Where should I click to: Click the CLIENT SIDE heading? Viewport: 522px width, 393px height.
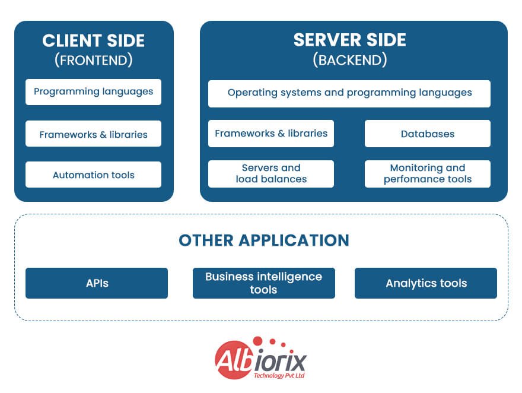(94, 41)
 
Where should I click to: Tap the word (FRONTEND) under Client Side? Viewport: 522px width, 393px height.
(94, 60)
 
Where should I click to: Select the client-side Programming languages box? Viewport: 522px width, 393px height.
(93, 92)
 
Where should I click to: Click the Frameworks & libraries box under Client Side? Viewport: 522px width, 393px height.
(93, 134)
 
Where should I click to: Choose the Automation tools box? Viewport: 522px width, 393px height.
(93, 175)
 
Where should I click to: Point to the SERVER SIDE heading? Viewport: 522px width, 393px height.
(350, 40)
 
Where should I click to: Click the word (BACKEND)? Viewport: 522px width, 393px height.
(350, 59)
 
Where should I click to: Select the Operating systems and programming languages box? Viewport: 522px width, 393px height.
(349, 93)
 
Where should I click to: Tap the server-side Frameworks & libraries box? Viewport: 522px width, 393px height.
(271, 134)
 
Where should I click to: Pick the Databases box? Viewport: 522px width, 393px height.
(427, 134)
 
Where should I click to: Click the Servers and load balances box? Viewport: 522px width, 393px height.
(271, 173)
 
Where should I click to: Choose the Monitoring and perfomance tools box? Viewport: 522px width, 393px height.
(427, 173)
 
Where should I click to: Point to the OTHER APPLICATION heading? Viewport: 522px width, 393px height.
(264, 240)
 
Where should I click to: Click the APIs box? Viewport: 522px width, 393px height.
(97, 283)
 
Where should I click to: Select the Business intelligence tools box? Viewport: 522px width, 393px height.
(263, 283)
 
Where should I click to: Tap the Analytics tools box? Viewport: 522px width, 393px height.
(426, 283)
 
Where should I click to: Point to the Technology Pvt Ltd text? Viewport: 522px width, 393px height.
(278, 375)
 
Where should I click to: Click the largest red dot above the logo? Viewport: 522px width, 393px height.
(257, 341)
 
